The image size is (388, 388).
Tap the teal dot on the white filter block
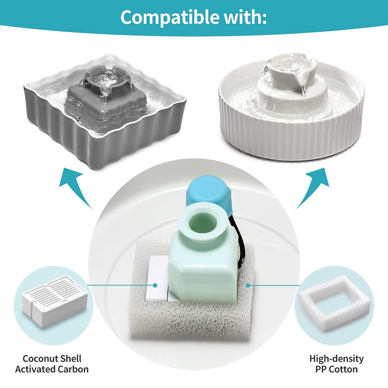(x=155, y=285)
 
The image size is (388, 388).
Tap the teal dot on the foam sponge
(x=248, y=285)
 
